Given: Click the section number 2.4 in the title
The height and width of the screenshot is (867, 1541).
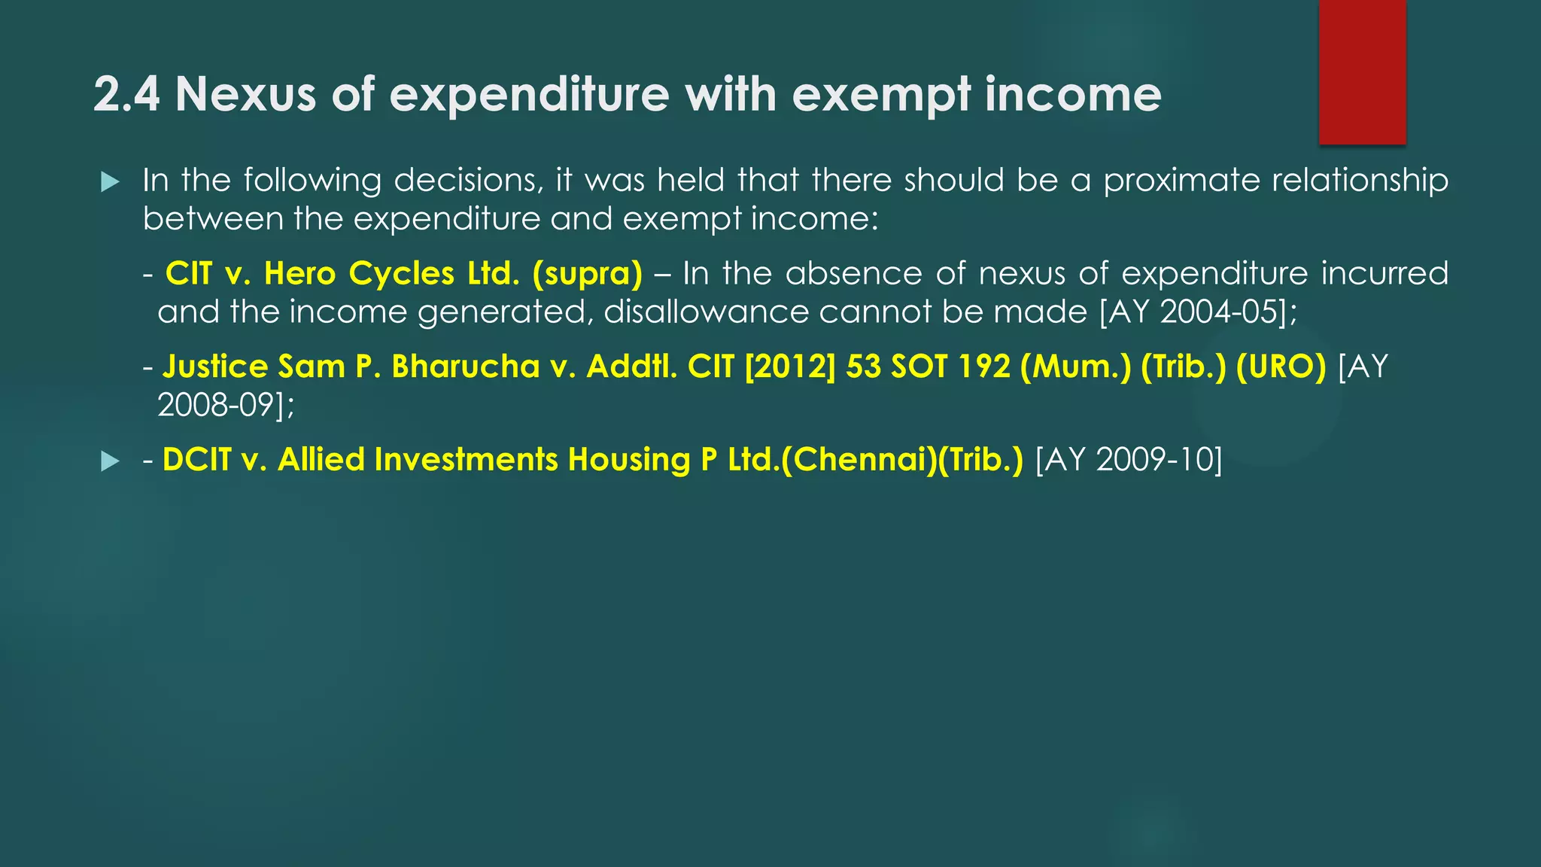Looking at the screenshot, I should (126, 95).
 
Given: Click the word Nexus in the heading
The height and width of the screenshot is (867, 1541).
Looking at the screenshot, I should (245, 95).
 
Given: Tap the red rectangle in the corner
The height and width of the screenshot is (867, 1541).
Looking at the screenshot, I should (1362, 71).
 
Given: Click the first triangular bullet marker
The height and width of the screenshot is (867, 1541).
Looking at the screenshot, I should (110, 181).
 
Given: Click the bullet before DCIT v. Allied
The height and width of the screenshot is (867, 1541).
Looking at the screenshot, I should (110, 461).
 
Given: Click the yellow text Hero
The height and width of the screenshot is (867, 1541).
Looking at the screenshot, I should (299, 273).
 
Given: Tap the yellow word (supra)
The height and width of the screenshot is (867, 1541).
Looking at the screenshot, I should (587, 273).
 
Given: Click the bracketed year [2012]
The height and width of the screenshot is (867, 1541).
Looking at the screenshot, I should (789, 367).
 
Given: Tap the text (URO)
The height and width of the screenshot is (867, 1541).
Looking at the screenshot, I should (1281, 367).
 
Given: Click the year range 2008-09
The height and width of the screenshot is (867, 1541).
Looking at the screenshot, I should (215, 405).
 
